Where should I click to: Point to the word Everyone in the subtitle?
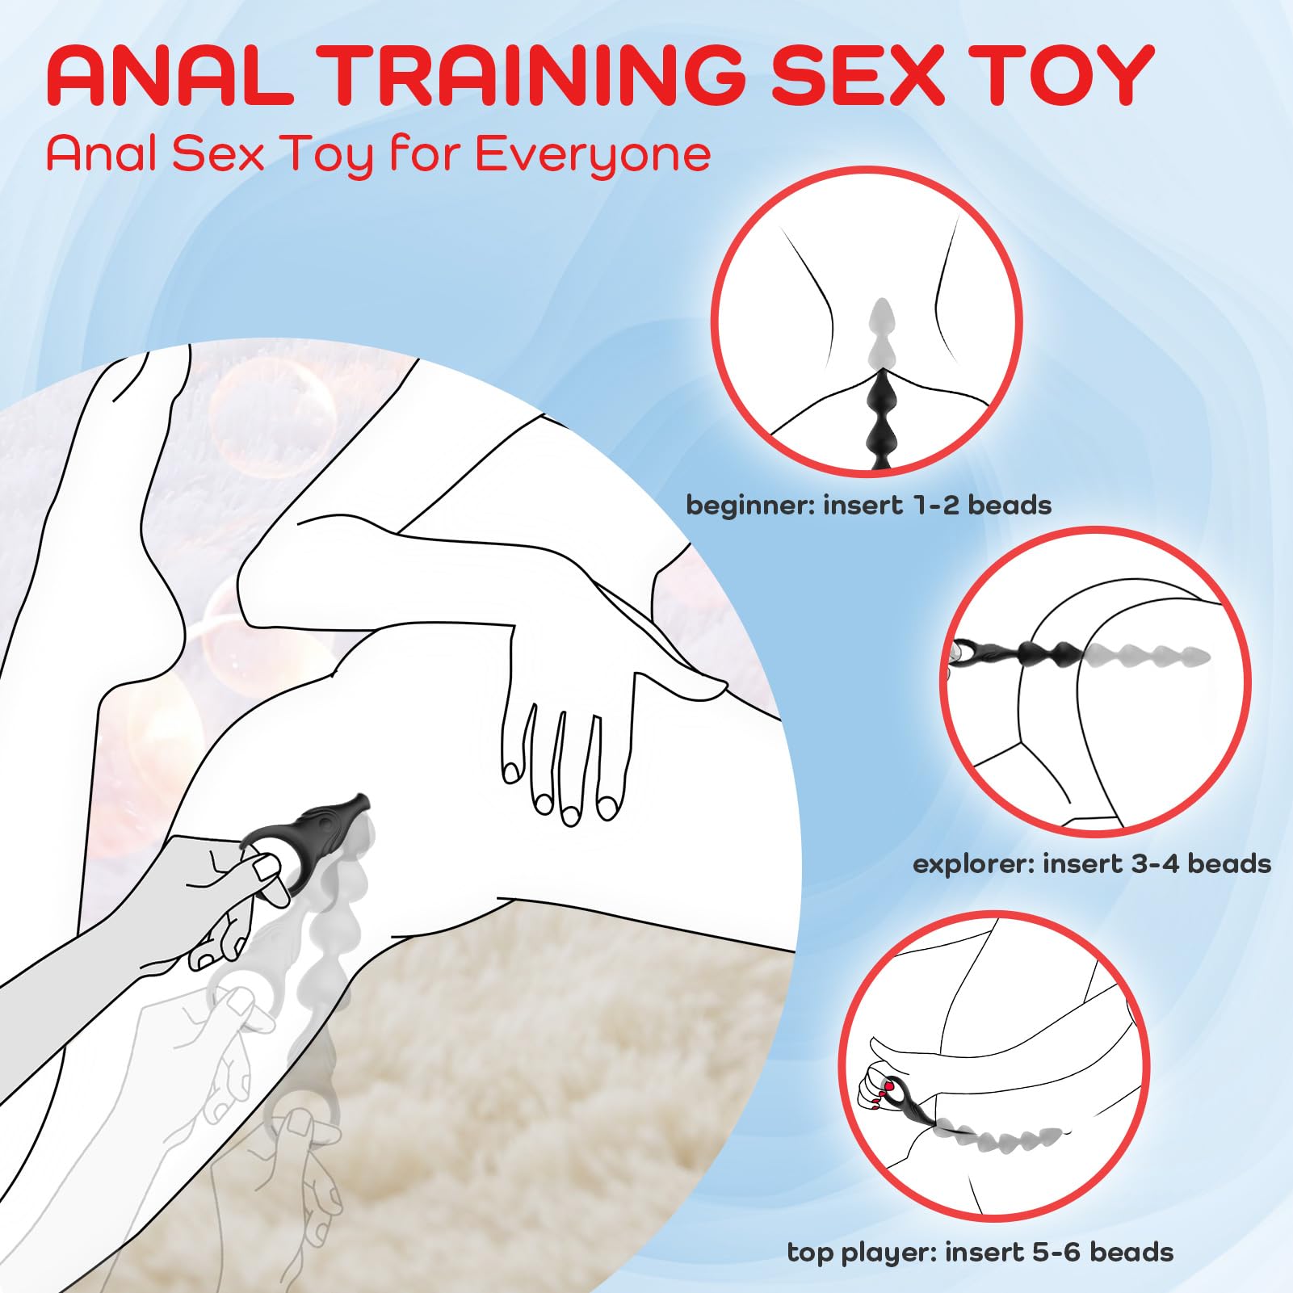click(x=593, y=154)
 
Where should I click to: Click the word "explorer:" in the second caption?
click(x=972, y=863)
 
